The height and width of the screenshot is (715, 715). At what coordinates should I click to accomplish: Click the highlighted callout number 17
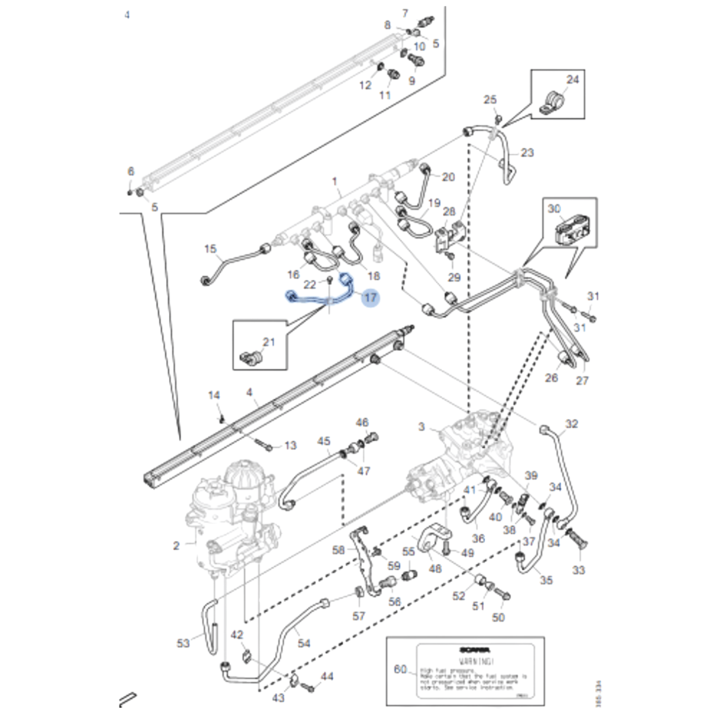pos(370,297)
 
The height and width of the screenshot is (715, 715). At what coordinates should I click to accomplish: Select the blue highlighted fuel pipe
pos(319,299)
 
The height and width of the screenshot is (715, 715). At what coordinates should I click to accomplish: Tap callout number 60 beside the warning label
pos(400,670)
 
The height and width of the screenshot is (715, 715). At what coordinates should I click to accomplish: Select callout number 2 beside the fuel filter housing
pos(176,545)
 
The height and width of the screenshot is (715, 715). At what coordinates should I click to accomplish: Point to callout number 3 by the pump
pos(421,426)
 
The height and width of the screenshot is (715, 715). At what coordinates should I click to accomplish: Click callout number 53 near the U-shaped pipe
pos(183,643)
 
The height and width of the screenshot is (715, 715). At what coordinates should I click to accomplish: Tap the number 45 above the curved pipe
pos(324,441)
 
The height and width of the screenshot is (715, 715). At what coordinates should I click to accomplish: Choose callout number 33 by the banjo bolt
pos(579,570)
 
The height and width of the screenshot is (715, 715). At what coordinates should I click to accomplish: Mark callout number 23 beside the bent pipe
pos(527,153)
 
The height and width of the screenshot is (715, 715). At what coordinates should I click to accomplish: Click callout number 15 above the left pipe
pos(211,248)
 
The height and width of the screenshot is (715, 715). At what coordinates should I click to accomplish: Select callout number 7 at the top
pos(405,13)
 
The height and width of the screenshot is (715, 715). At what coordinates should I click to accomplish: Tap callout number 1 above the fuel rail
pos(335,181)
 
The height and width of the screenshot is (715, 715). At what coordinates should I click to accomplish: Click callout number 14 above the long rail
pos(214,395)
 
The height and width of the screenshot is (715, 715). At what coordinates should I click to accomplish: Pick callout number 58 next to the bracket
pos(338,549)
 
